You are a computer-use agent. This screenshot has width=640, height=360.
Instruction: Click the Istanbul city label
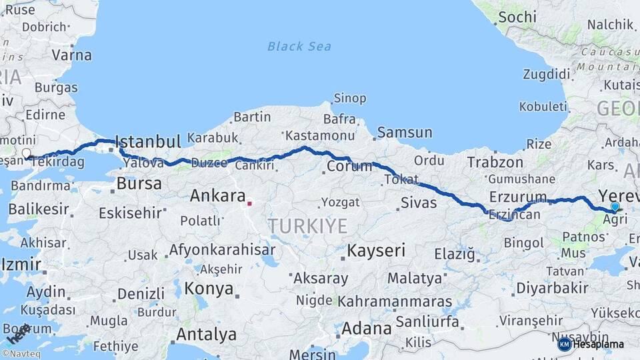[148, 141]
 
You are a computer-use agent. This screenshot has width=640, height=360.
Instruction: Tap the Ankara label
[218, 196]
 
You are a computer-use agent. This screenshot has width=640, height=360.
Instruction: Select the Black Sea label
[300, 46]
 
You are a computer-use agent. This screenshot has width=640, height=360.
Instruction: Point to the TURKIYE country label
[308, 226]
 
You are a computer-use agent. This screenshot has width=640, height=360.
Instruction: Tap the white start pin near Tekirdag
[26, 154]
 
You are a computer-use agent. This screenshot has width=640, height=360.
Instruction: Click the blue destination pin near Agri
[615, 207]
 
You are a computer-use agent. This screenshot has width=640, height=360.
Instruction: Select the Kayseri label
[376, 251]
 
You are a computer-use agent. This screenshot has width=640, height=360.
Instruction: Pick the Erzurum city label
[518, 197]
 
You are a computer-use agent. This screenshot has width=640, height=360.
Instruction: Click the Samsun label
[405, 133]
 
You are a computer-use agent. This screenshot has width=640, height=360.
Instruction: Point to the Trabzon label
[495, 162]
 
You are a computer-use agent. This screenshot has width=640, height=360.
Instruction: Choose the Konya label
[209, 289]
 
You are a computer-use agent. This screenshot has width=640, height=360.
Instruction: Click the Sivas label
[419, 203]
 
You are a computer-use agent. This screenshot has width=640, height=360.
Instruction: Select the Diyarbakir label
[552, 288]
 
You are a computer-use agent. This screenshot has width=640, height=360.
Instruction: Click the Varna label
[71, 55]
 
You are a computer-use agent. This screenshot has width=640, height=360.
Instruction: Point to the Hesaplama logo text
[598, 344]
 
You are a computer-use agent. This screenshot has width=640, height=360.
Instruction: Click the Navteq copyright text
[22, 354]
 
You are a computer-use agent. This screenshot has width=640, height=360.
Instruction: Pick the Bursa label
[139, 183]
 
